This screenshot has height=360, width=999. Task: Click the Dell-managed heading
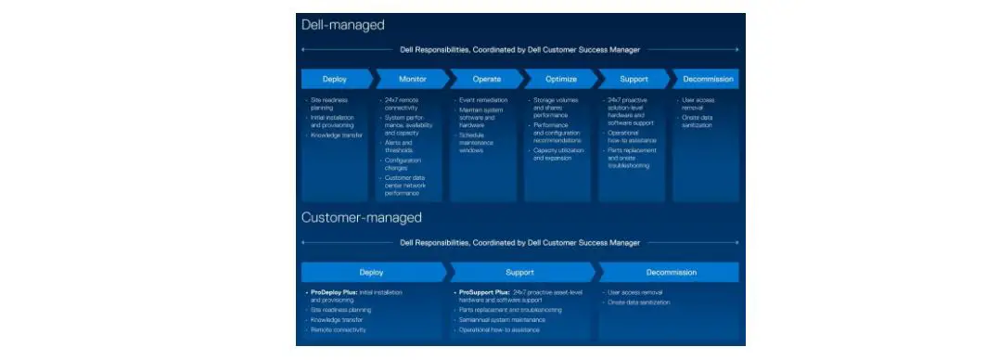[342, 25]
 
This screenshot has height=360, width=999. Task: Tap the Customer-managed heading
[361, 217]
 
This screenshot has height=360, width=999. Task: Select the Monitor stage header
[412, 79]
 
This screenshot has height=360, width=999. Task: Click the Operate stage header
[486, 79]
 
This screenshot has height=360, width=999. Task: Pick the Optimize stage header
[560, 79]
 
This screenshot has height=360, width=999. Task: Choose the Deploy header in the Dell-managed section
[334, 79]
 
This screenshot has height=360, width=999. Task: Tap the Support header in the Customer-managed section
[519, 272]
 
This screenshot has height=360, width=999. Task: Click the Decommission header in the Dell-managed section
[709, 79]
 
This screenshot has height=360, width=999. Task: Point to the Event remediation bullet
[483, 100]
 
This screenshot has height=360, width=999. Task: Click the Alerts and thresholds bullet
[399, 146]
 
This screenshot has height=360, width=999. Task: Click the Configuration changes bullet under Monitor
[403, 163]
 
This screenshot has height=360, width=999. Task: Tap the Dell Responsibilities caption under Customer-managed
[519, 243]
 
